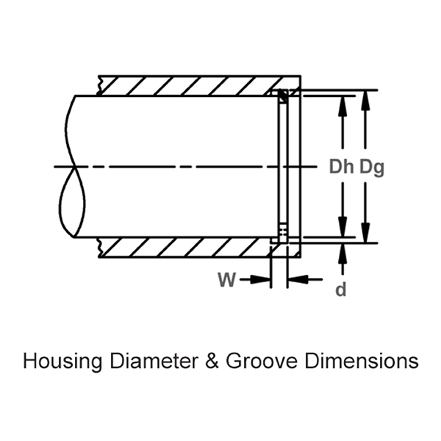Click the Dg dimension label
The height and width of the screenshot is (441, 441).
tap(371, 168)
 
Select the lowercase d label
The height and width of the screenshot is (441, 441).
tap(340, 290)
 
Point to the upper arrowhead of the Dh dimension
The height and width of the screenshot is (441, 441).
tap(341, 103)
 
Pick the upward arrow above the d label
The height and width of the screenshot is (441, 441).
tap(341, 254)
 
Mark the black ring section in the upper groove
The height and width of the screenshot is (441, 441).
tap(282, 96)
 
